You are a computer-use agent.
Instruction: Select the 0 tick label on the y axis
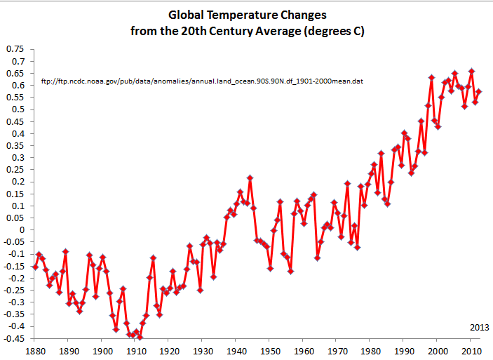click(x=22, y=230)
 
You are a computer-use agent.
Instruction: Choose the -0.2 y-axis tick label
click(x=16, y=278)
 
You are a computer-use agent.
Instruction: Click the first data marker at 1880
click(x=35, y=267)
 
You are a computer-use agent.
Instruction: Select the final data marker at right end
click(x=478, y=91)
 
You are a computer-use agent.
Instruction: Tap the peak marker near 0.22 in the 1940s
click(x=250, y=178)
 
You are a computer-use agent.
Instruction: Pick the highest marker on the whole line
click(x=471, y=71)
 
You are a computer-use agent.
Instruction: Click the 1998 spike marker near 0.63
click(x=431, y=77)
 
